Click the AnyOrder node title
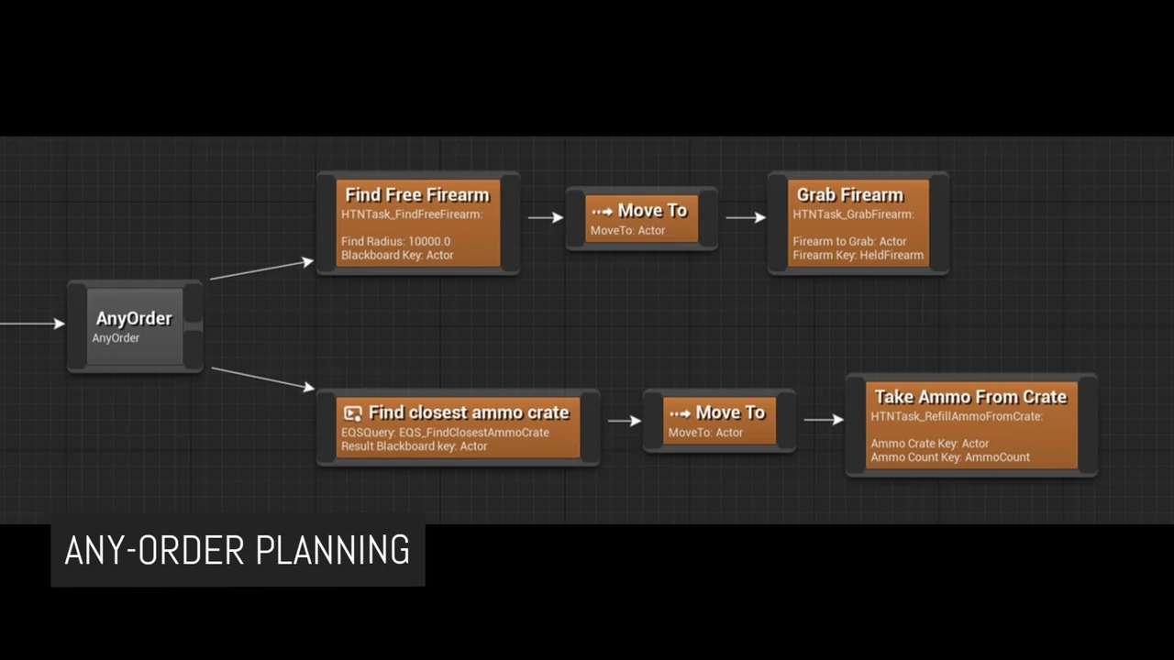(x=134, y=318)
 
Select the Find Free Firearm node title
(x=417, y=194)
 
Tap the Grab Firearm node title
(x=849, y=194)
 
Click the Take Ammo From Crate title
(x=970, y=396)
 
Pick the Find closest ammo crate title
(x=469, y=412)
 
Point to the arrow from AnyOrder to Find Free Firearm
(x=261, y=269)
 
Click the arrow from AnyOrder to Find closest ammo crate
(x=262, y=378)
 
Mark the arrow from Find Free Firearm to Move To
(x=546, y=217)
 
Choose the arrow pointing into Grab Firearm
(x=746, y=217)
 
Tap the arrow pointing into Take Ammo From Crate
(x=824, y=420)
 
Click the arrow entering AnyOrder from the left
(x=33, y=323)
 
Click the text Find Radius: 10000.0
(x=395, y=241)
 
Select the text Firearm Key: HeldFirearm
(x=858, y=255)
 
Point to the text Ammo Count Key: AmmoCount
(x=950, y=456)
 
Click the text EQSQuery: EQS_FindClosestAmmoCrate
(x=445, y=432)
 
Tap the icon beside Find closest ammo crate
(x=352, y=412)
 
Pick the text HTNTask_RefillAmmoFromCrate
(x=956, y=416)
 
